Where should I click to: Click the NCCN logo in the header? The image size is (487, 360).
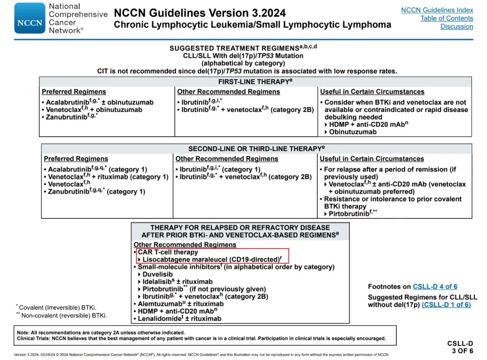pos(30,18)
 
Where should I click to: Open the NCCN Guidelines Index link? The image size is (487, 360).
pos(437,10)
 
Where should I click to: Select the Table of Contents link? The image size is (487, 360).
pos(446,18)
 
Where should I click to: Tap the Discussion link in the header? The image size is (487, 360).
pos(456,26)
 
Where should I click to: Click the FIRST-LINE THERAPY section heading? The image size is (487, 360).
pos(256,82)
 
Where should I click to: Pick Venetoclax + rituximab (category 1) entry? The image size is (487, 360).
pos(108,177)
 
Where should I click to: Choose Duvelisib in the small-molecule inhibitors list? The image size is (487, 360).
pos(157,274)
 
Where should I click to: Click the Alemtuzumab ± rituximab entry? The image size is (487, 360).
pos(180,304)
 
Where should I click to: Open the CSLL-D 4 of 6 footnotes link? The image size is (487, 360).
pos(435,286)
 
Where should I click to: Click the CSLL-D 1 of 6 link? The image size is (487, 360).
pos(446,305)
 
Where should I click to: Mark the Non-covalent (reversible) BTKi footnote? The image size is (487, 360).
pos(63,315)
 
